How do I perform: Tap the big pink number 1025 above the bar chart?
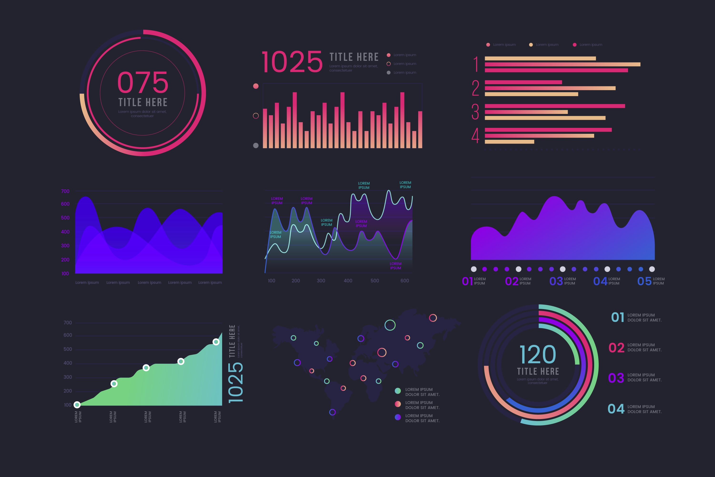(292, 62)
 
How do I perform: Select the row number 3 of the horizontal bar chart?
(475, 112)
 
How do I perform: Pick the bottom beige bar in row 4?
(509, 142)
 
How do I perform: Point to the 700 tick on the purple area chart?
(65, 191)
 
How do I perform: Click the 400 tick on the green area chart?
(67, 363)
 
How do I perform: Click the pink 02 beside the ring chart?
(616, 348)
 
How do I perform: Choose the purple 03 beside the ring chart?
(616, 378)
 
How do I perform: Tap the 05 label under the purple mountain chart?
(644, 281)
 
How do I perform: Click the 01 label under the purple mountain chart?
(467, 281)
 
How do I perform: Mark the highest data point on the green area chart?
(216, 342)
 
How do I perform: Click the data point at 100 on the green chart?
(77, 404)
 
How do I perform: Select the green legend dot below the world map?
(398, 391)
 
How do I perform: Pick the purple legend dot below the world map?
(398, 417)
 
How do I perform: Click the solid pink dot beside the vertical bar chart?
(256, 86)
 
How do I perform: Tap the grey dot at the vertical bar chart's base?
(256, 145)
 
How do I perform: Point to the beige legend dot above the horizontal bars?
(531, 45)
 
